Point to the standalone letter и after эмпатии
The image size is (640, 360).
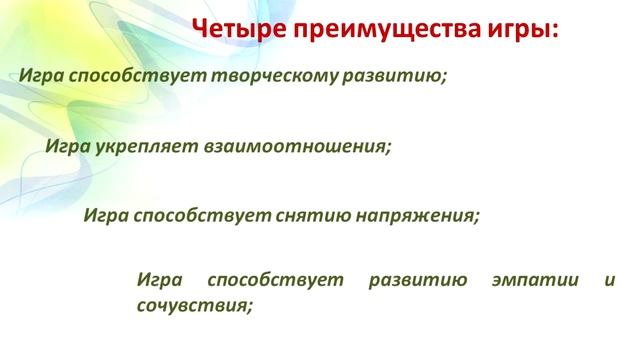(x=611, y=279)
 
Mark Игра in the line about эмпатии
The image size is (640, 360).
(x=160, y=279)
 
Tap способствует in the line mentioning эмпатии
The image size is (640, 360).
(x=279, y=279)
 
